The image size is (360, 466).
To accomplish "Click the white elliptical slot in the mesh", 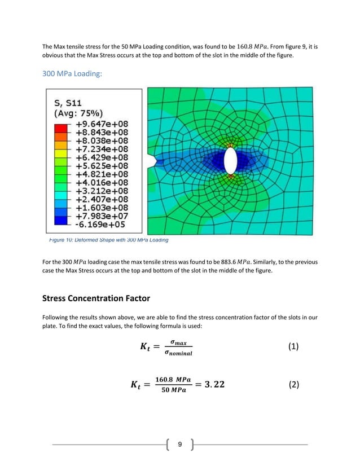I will (230, 161).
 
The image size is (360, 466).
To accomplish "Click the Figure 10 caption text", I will (106, 240).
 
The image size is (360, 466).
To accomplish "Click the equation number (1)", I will (293, 347).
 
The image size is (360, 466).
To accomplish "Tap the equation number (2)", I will (293, 385).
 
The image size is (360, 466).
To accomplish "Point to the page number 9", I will (179, 445).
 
